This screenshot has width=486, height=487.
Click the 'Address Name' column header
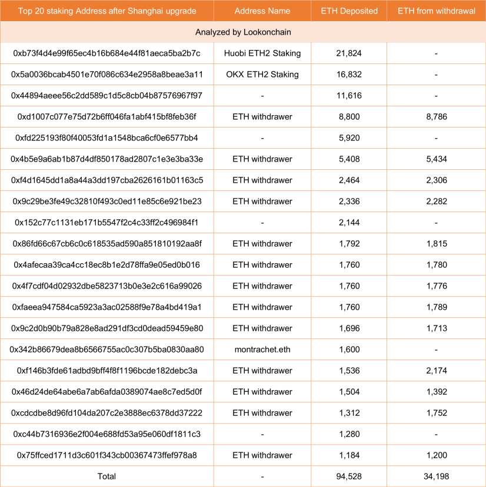tap(262, 11)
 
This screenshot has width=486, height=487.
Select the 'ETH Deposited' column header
tap(349, 11)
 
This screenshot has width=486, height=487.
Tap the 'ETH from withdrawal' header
tap(436, 11)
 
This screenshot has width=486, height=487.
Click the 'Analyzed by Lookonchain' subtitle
tap(243, 32)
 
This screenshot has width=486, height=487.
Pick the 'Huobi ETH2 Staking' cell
tap(262, 53)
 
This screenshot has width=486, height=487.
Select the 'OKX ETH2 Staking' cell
tap(262, 75)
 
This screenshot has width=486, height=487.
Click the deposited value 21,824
tap(349, 53)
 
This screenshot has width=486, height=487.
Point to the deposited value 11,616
tap(349, 96)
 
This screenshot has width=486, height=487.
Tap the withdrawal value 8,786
tap(436, 117)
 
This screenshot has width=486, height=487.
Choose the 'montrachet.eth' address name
tap(262, 350)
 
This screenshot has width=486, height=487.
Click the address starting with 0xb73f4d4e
tap(106, 53)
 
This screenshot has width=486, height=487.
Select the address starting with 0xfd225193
tap(106, 138)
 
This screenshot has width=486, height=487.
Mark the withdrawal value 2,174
tap(436, 371)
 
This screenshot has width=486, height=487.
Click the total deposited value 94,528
tap(349, 476)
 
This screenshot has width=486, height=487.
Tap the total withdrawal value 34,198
tap(436, 476)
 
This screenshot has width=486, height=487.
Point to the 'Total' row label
tap(106, 476)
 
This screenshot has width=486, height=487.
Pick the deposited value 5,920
tap(349, 138)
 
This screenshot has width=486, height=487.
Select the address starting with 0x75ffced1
tap(106, 455)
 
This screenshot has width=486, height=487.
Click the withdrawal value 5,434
tap(436, 159)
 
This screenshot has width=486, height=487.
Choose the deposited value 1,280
tap(349, 434)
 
